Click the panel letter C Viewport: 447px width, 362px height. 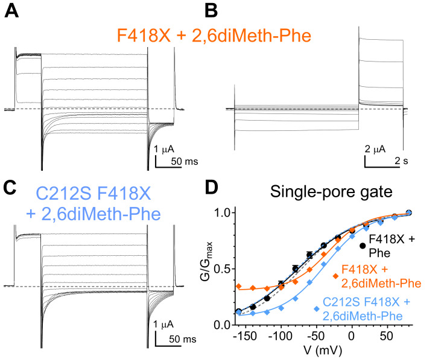[11, 188]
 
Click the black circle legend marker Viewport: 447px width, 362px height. [363, 246]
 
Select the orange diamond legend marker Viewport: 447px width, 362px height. [335, 275]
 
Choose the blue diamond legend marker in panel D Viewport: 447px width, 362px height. [317, 308]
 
